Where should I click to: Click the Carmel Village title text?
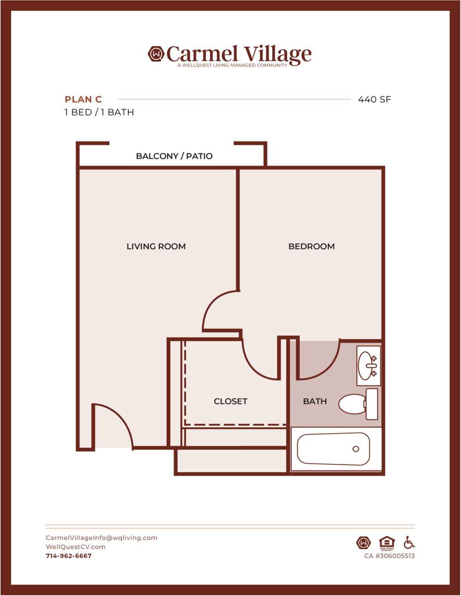(239, 54)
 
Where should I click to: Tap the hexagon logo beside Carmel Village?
(156, 54)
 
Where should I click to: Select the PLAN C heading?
(83, 99)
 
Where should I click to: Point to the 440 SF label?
(374, 99)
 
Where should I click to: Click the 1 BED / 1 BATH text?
(99, 112)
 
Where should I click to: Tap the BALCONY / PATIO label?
(174, 156)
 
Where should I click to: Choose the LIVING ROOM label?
(156, 246)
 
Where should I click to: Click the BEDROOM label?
(311, 246)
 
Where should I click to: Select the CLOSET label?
(231, 401)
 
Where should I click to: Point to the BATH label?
(315, 401)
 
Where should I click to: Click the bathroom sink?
(368, 366)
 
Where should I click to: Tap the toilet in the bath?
(358, 404)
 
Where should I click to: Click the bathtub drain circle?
(356, 449)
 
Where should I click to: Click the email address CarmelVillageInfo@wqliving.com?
(101, 538)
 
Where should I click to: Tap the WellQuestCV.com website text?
(76, 547)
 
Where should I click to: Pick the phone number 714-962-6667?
(69, 556)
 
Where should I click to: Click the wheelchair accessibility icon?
(409, 542)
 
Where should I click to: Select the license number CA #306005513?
(390, 556)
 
